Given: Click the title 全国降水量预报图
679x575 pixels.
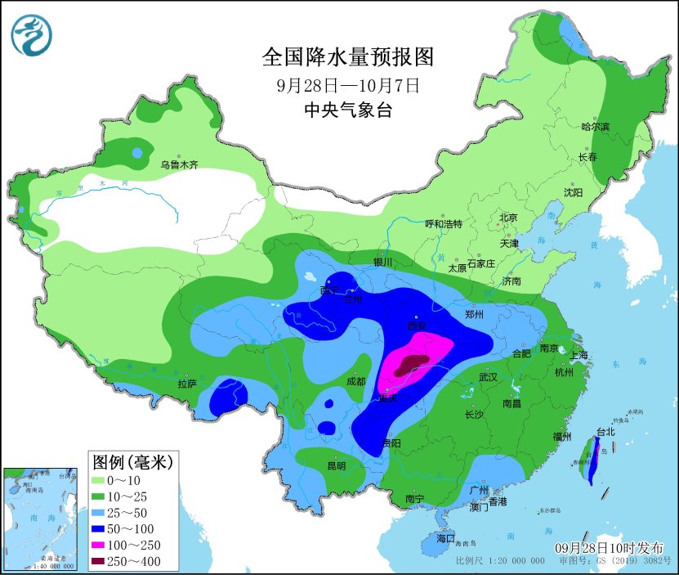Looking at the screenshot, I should point(346,56).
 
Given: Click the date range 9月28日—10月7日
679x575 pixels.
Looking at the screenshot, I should point(347,85).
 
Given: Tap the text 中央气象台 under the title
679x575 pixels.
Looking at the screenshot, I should point(347,110).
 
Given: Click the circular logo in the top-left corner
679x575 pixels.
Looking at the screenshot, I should point(31,35).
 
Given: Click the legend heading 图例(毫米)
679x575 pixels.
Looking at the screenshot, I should point(132,462).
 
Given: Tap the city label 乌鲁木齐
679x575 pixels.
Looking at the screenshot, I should point(179,164).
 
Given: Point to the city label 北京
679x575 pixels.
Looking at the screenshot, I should point(508,218).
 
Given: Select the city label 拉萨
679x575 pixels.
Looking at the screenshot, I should point(186,384).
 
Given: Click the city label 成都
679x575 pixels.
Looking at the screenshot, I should point(355,380).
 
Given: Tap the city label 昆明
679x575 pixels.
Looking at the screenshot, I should point(336,465).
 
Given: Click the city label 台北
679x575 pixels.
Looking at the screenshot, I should point(605,432).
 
